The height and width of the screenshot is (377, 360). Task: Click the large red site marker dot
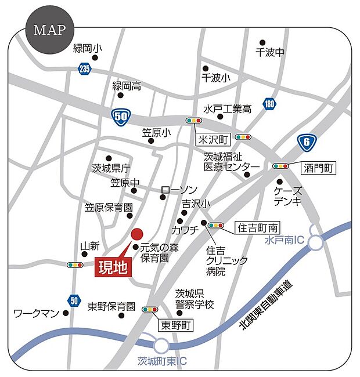click(136, 234)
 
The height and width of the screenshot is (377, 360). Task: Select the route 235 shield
click(83, 69)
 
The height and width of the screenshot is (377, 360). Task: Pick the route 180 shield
click(268, 104)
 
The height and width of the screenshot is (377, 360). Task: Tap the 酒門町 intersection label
click(319, 168)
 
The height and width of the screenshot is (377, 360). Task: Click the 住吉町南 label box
click(256, 227)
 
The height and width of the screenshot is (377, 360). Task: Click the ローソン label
click(179, 190)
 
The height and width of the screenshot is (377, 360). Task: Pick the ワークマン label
click(37, 314)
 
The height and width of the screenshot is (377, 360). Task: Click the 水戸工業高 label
click(227, 108)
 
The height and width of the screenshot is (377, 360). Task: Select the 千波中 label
click(270, 52)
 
